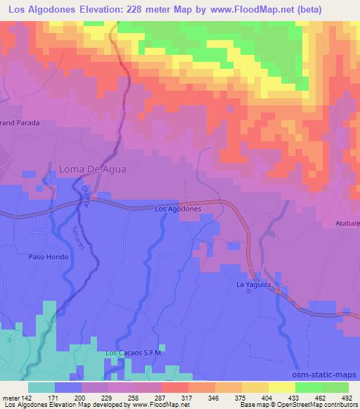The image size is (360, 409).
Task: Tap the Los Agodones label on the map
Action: coord(178,209)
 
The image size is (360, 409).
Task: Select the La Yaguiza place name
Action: coord(253,285)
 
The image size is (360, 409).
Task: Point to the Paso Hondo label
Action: coord(49,257)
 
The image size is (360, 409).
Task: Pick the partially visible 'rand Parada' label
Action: coord(19,122)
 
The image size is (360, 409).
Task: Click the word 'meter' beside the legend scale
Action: coord(10,397)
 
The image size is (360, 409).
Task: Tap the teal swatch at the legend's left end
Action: coord(41,387)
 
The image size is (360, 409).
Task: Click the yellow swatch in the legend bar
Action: coord(282,387)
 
